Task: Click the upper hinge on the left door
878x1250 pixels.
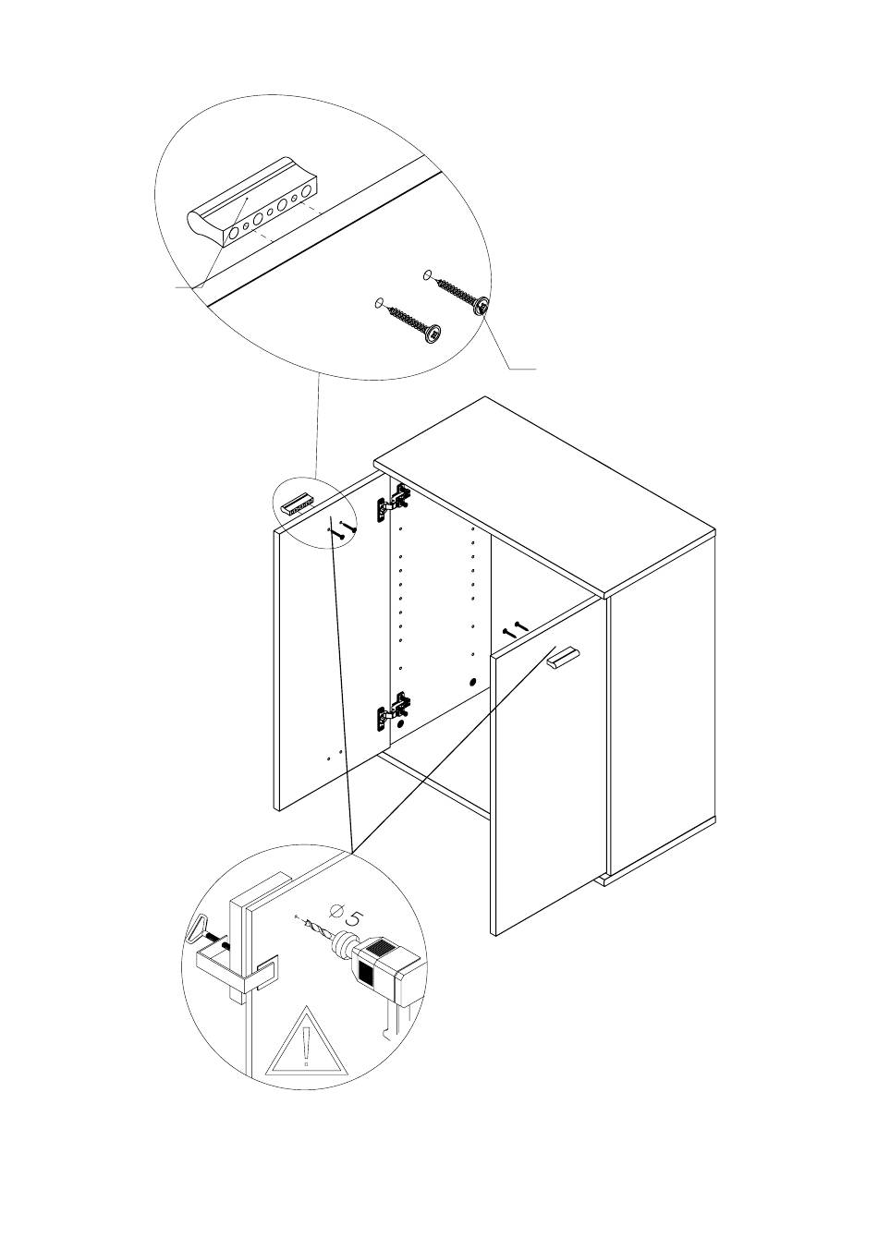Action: [394, 502]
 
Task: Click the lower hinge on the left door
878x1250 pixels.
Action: [394, 710]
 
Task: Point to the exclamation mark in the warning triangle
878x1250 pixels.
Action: [306, 1049]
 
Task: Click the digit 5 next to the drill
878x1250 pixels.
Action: [352, 917]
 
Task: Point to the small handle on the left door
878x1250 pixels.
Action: [299, 502]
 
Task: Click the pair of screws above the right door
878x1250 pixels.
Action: [513, 630]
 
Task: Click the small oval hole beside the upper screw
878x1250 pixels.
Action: [427, 273]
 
